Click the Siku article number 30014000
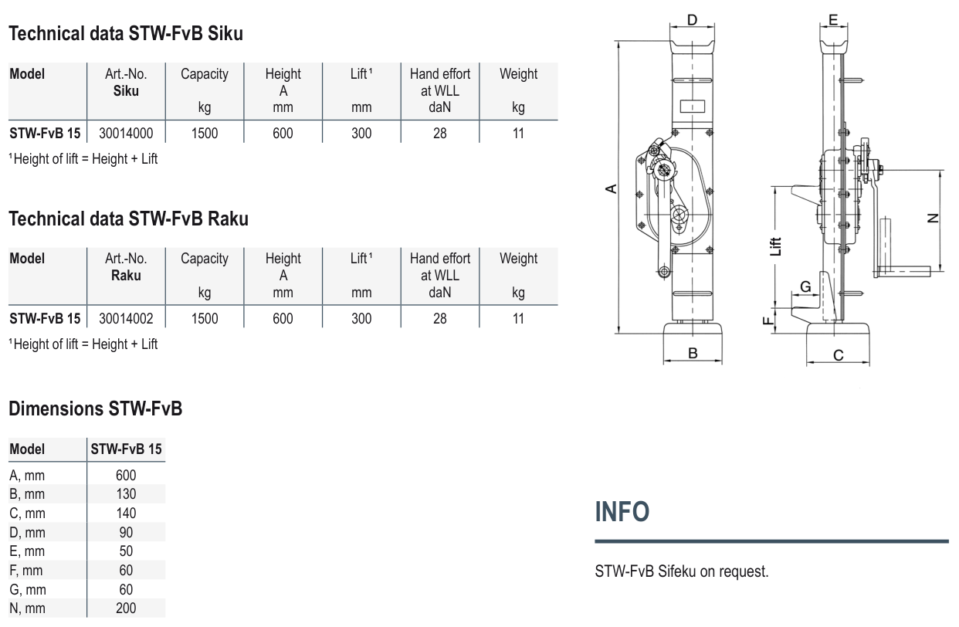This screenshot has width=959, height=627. click(x=126, y=133)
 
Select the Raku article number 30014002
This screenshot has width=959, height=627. click(x=126, y=318)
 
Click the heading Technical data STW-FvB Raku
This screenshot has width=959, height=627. click(x=128, y=219)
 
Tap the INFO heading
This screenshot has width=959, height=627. click(x=622, y=512)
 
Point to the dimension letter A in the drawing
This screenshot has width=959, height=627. click(x=610, y=188)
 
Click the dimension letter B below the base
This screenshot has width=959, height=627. click(x=693, y=353)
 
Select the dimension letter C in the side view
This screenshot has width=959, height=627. click(x=839, y=355)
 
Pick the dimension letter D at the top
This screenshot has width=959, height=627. click(x=692, y=19)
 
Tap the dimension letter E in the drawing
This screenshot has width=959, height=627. click(x=832, y=19)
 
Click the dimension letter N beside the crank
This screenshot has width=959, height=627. click(x=934, y=219)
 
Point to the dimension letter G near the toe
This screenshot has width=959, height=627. click(x=805, y=286)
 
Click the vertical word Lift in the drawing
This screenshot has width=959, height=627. click(x=777, y=246)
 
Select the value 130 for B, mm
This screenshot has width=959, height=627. click(x=126, y=494)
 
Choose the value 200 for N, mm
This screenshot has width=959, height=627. click(x=126, y=608)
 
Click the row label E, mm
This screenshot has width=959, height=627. click(x=27, y=551)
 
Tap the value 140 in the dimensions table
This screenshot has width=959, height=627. click(x=126, y=513)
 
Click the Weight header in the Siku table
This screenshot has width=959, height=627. click(x=518, y=74)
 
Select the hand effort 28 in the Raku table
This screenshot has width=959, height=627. click(x=439, y=318)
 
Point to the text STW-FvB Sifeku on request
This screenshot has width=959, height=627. click(x=681, y=571)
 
